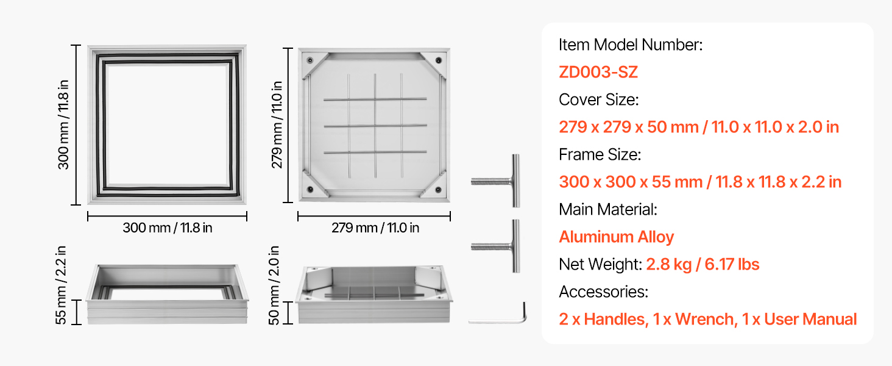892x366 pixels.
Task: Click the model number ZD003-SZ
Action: click(x=598, y=72)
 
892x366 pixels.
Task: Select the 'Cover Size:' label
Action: click(x=598, y=99)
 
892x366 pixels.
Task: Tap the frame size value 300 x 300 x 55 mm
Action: click(x=631, y=182)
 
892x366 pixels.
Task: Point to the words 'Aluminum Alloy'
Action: click(x=617, y=237)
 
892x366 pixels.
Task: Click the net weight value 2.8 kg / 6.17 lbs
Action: click(x=703, y=264)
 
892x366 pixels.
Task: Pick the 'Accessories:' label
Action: click(x=603, y=292)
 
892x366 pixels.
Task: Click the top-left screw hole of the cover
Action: click(x=310, y=60)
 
